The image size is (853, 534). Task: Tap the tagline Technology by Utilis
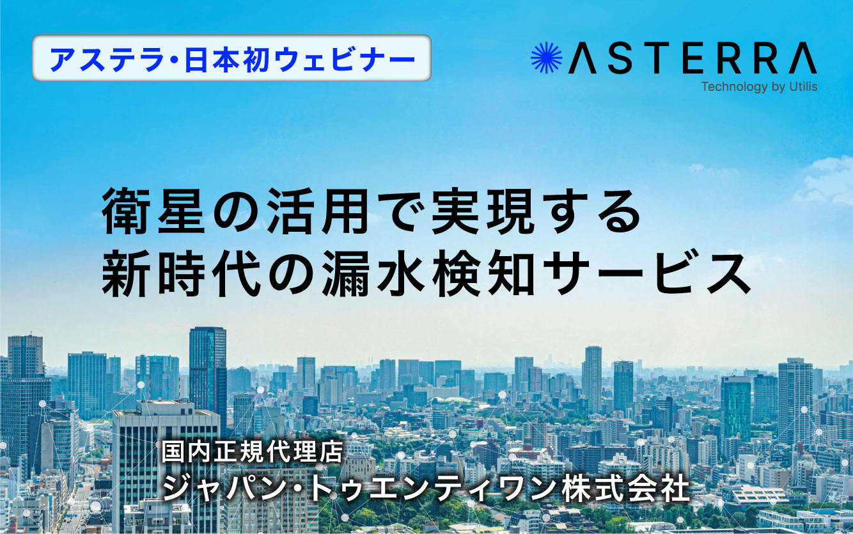759,86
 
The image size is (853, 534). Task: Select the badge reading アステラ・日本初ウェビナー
231,58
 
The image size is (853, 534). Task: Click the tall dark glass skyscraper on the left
207,365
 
